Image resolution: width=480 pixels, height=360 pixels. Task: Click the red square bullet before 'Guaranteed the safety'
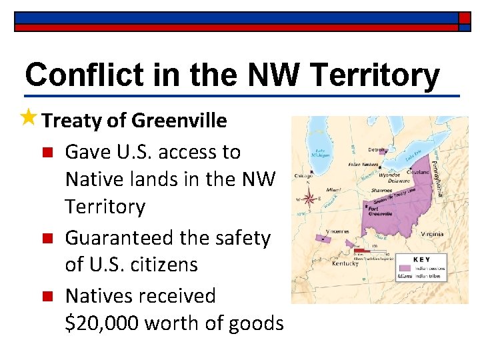click(x=46, y=239)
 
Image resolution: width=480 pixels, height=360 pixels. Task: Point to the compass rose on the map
click(x=309, y=197)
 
